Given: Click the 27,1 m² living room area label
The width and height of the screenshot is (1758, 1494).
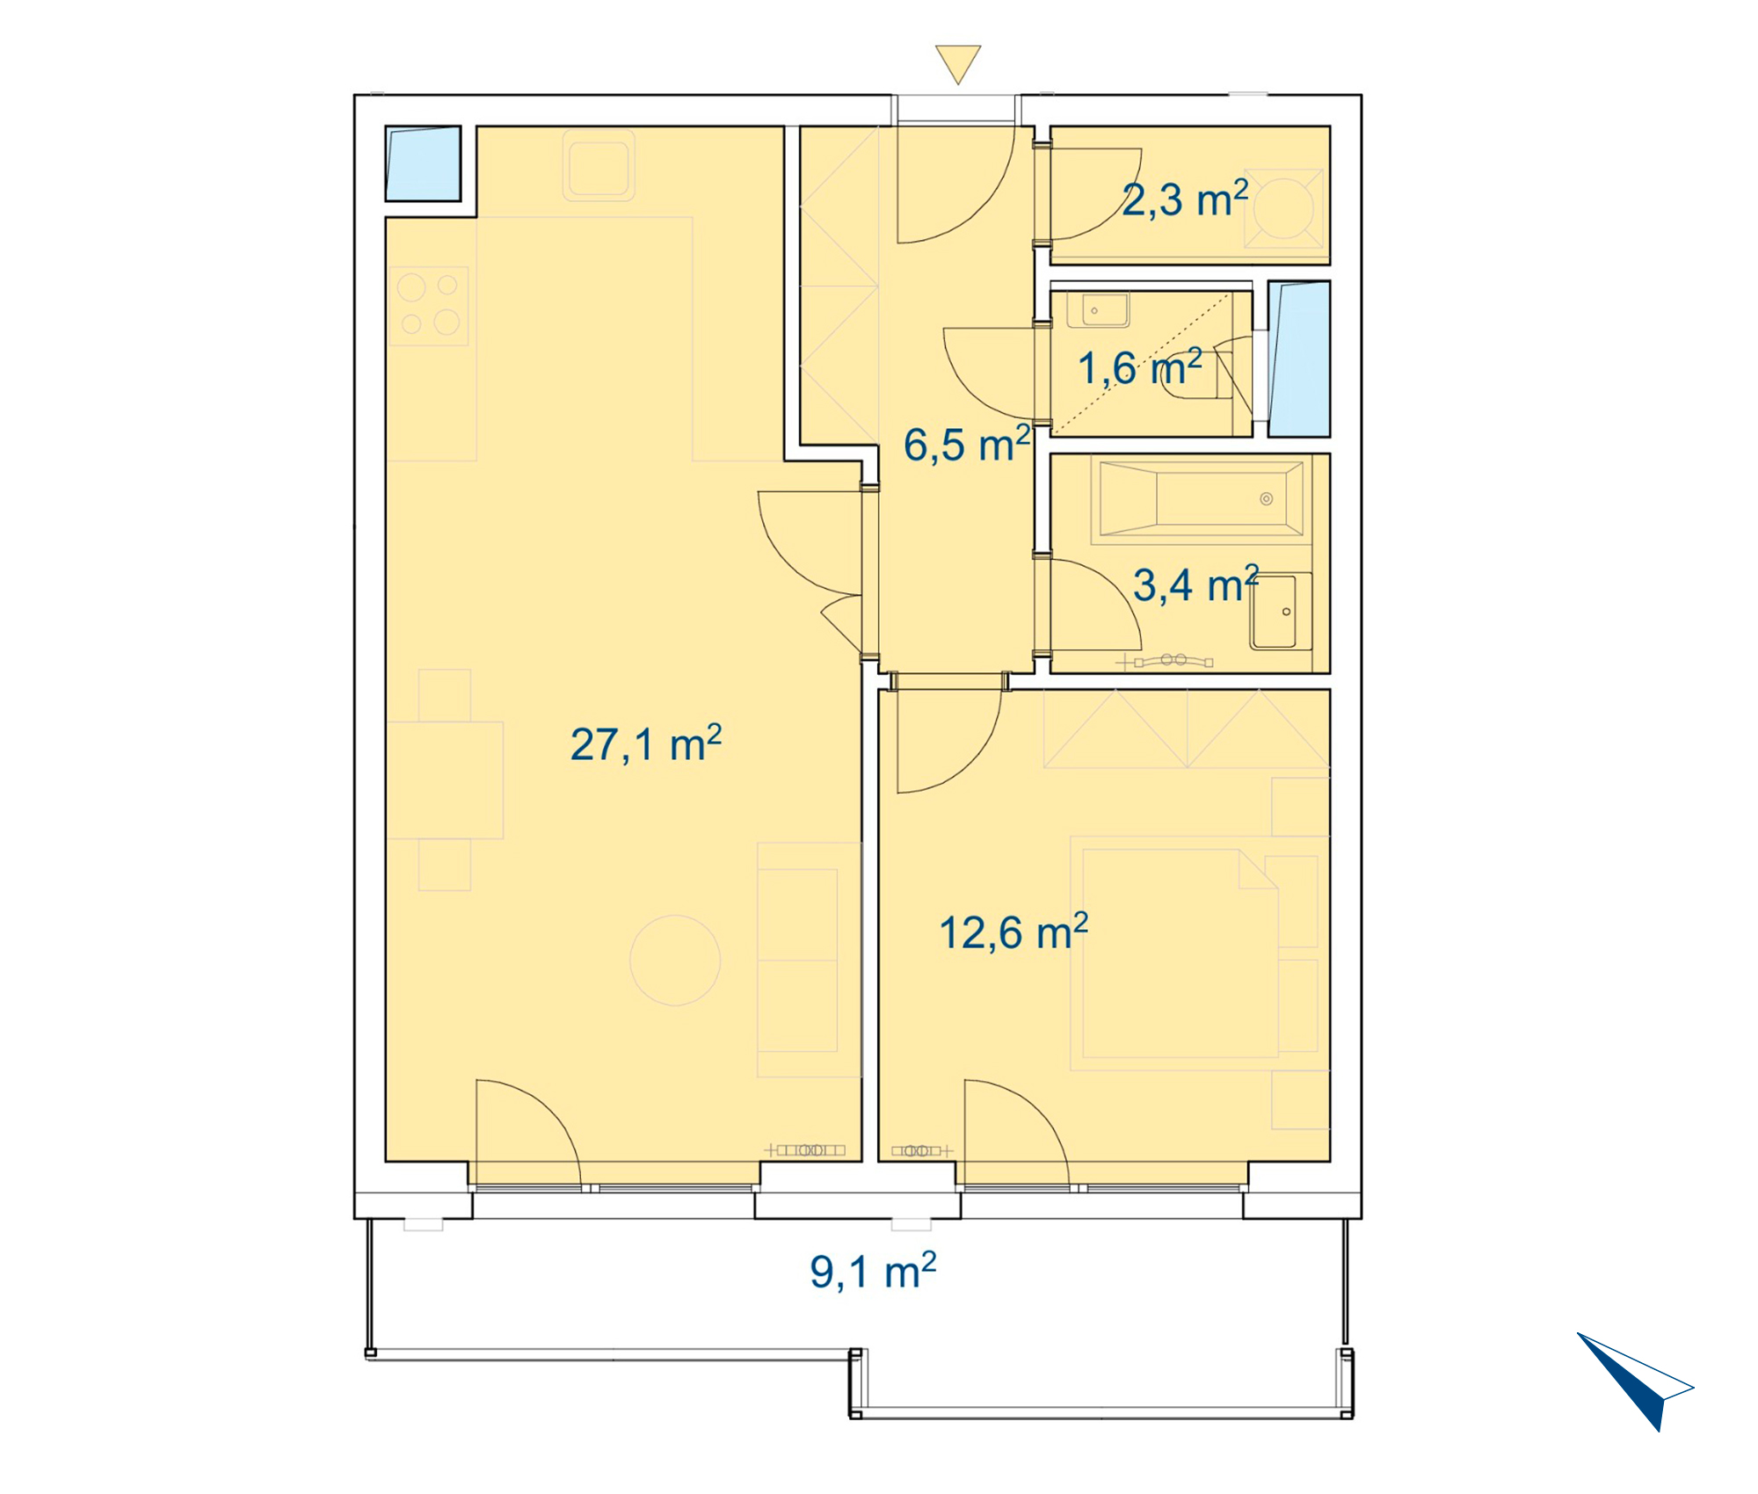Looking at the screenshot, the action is pyautogui.click(x=646, y=743).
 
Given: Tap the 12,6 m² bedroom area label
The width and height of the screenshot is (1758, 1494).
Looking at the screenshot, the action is pyautogui.click(x=1013, y=932).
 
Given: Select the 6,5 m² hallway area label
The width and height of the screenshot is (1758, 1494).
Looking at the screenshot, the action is pyautogui.click(x=967, y=444).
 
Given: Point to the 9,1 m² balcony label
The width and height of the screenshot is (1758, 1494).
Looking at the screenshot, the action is pyautogui.click(x=873, y=1271).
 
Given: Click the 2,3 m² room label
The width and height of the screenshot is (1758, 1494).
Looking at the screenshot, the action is pyautogui.click(x=1185, y=199).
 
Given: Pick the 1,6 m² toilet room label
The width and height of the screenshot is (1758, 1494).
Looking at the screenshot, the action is pyautogui.click(x=1140, y=366).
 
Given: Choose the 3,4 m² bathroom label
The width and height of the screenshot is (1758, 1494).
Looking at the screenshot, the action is pyautogui.click(x=1195, y=584).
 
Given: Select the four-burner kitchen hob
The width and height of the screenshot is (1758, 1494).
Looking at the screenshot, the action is pyautogui.click(x=428, y=306).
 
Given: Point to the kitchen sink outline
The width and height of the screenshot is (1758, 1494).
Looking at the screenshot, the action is pyautogui.click(x=599, y=164).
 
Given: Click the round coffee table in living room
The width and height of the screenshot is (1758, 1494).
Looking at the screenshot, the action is pyautogui.click(x=675, y=961).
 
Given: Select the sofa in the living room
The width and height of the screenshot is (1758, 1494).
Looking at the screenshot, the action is pyautogui.click(x=809, y=960).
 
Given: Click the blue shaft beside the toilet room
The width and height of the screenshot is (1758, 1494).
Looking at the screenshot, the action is pyautogui.click(x=1299, y=359).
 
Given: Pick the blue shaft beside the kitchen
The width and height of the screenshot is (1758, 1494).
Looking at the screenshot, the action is pyautogui.click(x=423, y=163).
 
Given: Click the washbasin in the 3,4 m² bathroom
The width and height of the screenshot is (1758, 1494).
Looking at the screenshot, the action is pyautogui.click(x=1280, y=611).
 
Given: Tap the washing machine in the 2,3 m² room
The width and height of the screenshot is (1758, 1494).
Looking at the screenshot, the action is pyautogui.click(x=1283, y=208).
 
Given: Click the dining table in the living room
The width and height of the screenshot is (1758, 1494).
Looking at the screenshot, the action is pyautogui.click(x=445, y=780).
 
